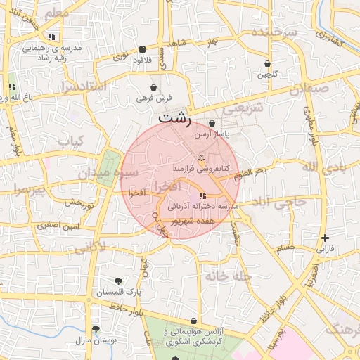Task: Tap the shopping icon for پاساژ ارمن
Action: (212, 124)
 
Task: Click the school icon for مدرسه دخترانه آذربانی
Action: (202, 195)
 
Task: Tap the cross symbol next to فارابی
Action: (325, 238)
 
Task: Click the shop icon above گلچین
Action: (267, 64)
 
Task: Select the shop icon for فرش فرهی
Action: (153, 87)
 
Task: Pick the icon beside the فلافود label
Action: (143, 50)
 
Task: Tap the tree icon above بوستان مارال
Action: (96, 329)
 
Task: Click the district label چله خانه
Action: (229, 276)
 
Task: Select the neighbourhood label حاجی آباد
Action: (280, 202)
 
